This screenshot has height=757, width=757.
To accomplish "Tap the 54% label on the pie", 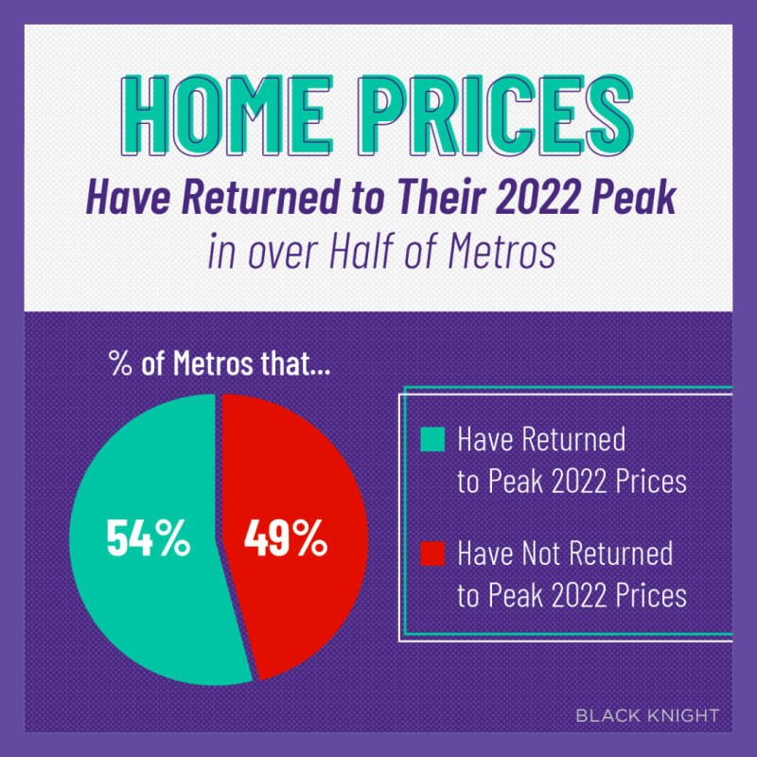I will (148, 539).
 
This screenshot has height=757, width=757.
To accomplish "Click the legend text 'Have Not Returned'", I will (565, 553).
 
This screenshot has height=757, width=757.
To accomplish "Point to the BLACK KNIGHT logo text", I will (646, 715).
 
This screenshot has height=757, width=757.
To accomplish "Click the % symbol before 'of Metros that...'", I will (120, 366).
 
